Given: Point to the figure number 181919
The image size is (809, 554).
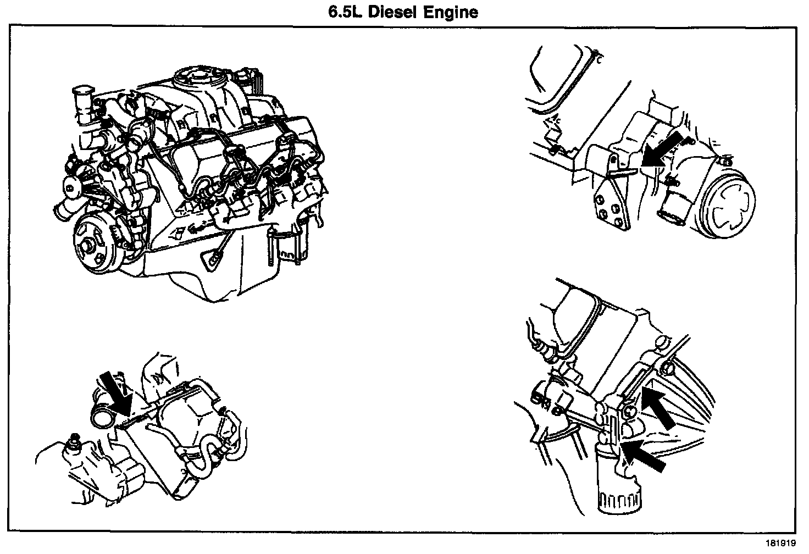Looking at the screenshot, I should (780, 543).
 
